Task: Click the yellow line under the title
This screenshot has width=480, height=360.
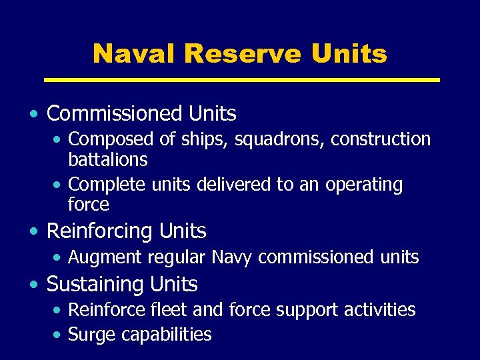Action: point(241,80)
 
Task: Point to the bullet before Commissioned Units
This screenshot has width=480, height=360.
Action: point(33,114)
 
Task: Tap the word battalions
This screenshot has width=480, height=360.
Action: point(108,160)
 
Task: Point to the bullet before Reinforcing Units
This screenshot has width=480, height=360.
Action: point(33,231)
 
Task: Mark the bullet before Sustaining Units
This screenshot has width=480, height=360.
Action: point(33,285)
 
